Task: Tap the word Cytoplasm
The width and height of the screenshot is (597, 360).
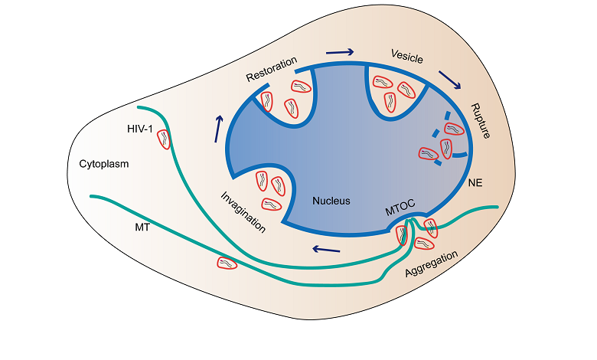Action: point(104,164)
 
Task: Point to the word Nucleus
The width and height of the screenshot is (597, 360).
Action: point(331,201)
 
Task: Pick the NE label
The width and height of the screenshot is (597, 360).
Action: point(474,184)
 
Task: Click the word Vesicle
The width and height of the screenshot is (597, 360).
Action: point(406,57)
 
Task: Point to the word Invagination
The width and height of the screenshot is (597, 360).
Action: point(243,211)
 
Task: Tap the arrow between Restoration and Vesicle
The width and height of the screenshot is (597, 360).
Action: point(341,52)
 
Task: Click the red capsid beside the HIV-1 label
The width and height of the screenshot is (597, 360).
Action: point(164,139)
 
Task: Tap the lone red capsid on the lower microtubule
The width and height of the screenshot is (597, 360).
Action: point(227,263)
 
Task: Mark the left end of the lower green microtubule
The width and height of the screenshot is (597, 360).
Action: point(91,197)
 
